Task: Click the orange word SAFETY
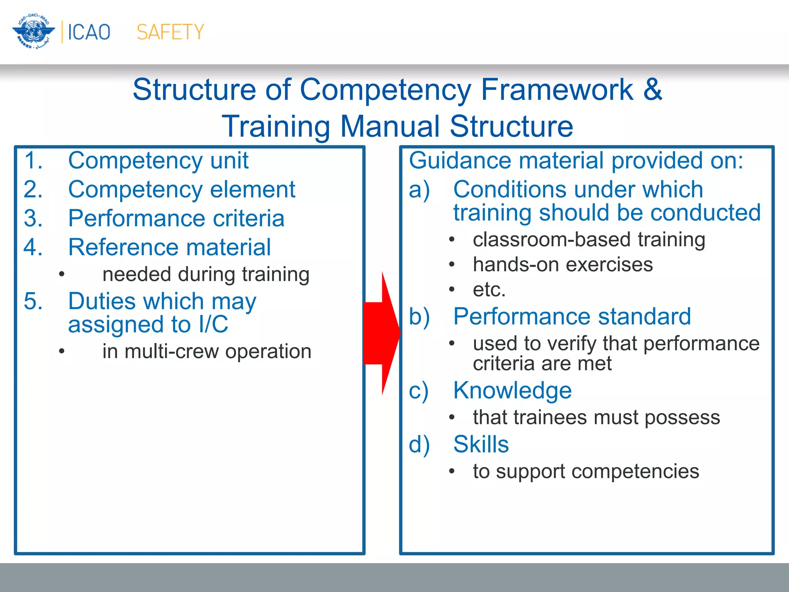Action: pos(170,32)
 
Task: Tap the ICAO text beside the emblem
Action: pos(89,32)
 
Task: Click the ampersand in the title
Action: pos(652,89)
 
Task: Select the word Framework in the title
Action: pos(556,89)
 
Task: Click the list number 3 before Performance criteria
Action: pos(33,218)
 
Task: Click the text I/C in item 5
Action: pos(213,324)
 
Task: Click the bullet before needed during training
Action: pos(62,274)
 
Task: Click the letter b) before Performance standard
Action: pos(419,317)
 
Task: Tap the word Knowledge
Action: pos(512,390)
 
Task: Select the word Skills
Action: pos(481,444)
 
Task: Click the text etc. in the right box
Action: pos(489,289)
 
